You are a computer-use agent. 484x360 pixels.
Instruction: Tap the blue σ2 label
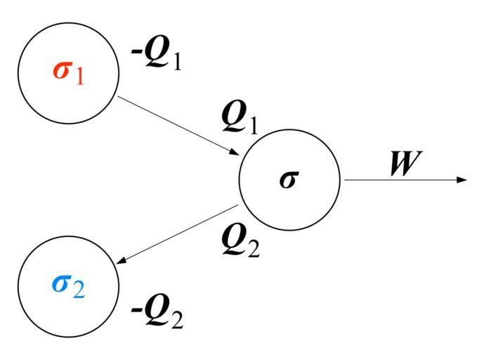coord(68,284)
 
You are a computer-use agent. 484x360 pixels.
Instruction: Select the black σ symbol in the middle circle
coord(287,179)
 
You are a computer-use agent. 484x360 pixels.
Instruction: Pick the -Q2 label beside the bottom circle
coord(157,314)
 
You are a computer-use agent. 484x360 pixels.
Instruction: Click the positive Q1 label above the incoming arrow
coord(240,117)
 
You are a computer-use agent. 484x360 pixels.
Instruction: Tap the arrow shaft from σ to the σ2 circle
coord(179,234)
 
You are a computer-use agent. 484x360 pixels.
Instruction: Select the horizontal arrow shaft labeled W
coord(400,180)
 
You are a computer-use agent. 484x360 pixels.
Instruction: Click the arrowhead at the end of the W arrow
coord(462,180)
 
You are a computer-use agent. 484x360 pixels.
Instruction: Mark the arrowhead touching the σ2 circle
coord(122,262)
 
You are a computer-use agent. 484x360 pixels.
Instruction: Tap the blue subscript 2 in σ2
coord(79,289)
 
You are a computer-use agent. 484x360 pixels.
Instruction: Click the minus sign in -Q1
coord(136,53)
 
